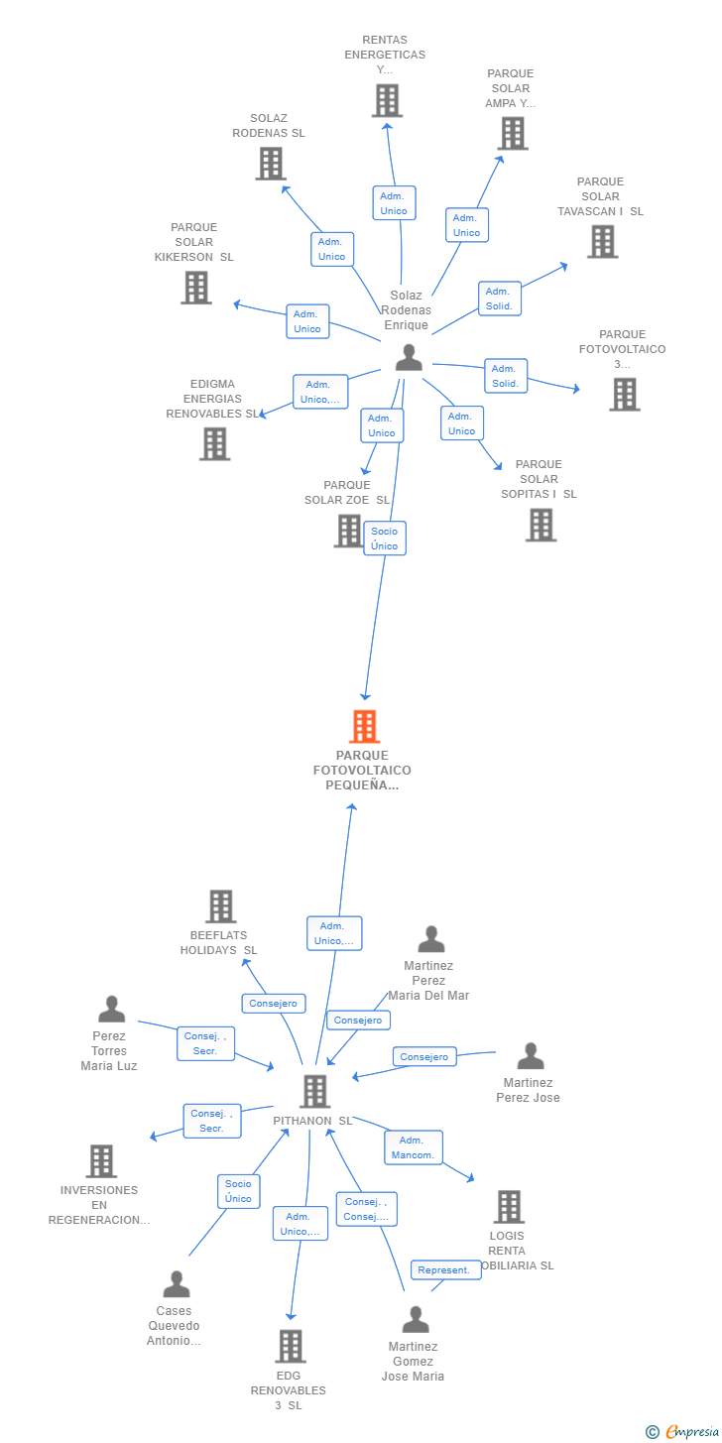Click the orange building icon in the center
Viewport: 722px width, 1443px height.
(365, 726)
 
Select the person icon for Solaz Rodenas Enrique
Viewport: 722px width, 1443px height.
(409, 357)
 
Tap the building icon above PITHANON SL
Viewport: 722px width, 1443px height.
(315, 1091)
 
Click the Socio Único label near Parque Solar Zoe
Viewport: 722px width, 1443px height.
(385, 538)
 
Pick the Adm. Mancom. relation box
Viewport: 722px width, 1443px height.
(413, 1147)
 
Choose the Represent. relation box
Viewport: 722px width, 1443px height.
(445, 1269)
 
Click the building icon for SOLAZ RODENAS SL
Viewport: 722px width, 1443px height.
(271, 163)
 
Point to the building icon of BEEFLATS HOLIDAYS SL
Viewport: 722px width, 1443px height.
(221, 905)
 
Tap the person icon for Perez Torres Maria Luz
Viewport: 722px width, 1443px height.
(111, 1009)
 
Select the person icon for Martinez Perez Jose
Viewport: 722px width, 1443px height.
(531, 1055)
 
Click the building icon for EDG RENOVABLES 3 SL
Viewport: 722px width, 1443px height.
(291, 1346)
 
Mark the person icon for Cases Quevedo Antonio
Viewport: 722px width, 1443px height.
(177, 1283)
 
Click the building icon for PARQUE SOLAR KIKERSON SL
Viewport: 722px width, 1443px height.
(195, 288)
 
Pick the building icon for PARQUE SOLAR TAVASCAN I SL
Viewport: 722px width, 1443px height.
(603, 242)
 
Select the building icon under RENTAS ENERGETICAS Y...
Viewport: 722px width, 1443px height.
(387, 100)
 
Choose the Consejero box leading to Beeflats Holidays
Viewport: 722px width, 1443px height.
(273, 1003)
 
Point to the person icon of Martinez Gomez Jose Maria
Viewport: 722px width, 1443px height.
(416, 1319)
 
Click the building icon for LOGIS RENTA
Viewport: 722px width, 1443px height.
(509, 1207)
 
